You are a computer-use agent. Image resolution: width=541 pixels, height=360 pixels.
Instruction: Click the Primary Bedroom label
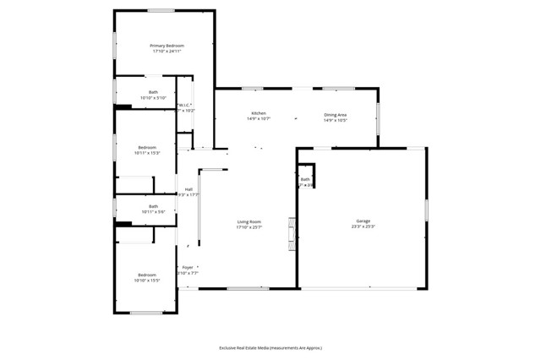pos(167,46)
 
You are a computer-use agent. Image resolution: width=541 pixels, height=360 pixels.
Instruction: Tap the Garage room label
pos(363,221)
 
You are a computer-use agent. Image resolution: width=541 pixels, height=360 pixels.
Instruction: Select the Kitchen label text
pos(259,113)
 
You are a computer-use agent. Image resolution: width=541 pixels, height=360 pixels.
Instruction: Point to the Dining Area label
pos(336,114)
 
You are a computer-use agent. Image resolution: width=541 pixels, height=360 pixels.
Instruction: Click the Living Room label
pos(249,221)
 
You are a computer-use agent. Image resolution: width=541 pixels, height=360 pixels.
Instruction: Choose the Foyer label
pos(188,267)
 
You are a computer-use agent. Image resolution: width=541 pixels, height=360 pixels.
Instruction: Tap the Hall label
pos(189,189)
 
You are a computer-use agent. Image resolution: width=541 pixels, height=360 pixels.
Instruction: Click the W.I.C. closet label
pos(185,105)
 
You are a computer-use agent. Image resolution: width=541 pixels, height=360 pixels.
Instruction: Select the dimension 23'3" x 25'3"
pos(363,227)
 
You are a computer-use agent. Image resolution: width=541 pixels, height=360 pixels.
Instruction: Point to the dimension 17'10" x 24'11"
pos(167,52)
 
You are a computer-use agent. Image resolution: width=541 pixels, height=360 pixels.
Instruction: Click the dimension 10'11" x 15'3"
pos(147,153)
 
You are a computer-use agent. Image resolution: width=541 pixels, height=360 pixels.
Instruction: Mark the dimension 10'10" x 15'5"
pos(147,281)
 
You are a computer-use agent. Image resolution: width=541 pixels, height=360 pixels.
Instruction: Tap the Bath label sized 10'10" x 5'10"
pos(153,92)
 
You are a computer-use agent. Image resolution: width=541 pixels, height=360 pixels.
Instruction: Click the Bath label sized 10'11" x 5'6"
pos(153,206)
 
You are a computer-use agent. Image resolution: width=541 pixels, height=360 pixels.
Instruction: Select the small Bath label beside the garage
pos(305,179)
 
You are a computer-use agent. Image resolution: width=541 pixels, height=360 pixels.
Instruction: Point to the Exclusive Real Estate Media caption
pos(270,347)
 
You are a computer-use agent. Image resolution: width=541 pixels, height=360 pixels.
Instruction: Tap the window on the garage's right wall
pos(426,210)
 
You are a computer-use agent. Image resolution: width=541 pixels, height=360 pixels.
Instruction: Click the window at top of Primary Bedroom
pos(161,10)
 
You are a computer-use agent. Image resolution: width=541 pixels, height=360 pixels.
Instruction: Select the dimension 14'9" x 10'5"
pos(336,120)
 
